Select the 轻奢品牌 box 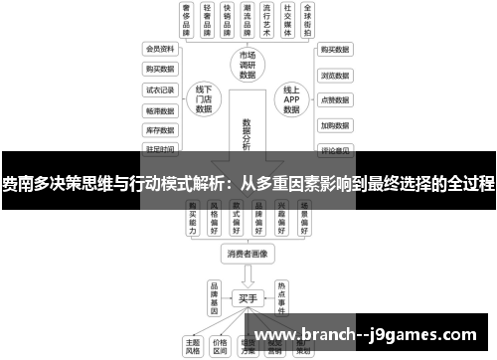210,20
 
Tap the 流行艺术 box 263,20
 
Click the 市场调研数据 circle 248,66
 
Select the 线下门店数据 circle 204,100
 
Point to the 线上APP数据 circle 291,100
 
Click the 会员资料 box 160,48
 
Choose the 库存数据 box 160,129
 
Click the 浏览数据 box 334,74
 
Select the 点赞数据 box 334,99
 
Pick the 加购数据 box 334,125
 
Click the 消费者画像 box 248,254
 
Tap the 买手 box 248,296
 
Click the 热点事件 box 281,295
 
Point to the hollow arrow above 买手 248,275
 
